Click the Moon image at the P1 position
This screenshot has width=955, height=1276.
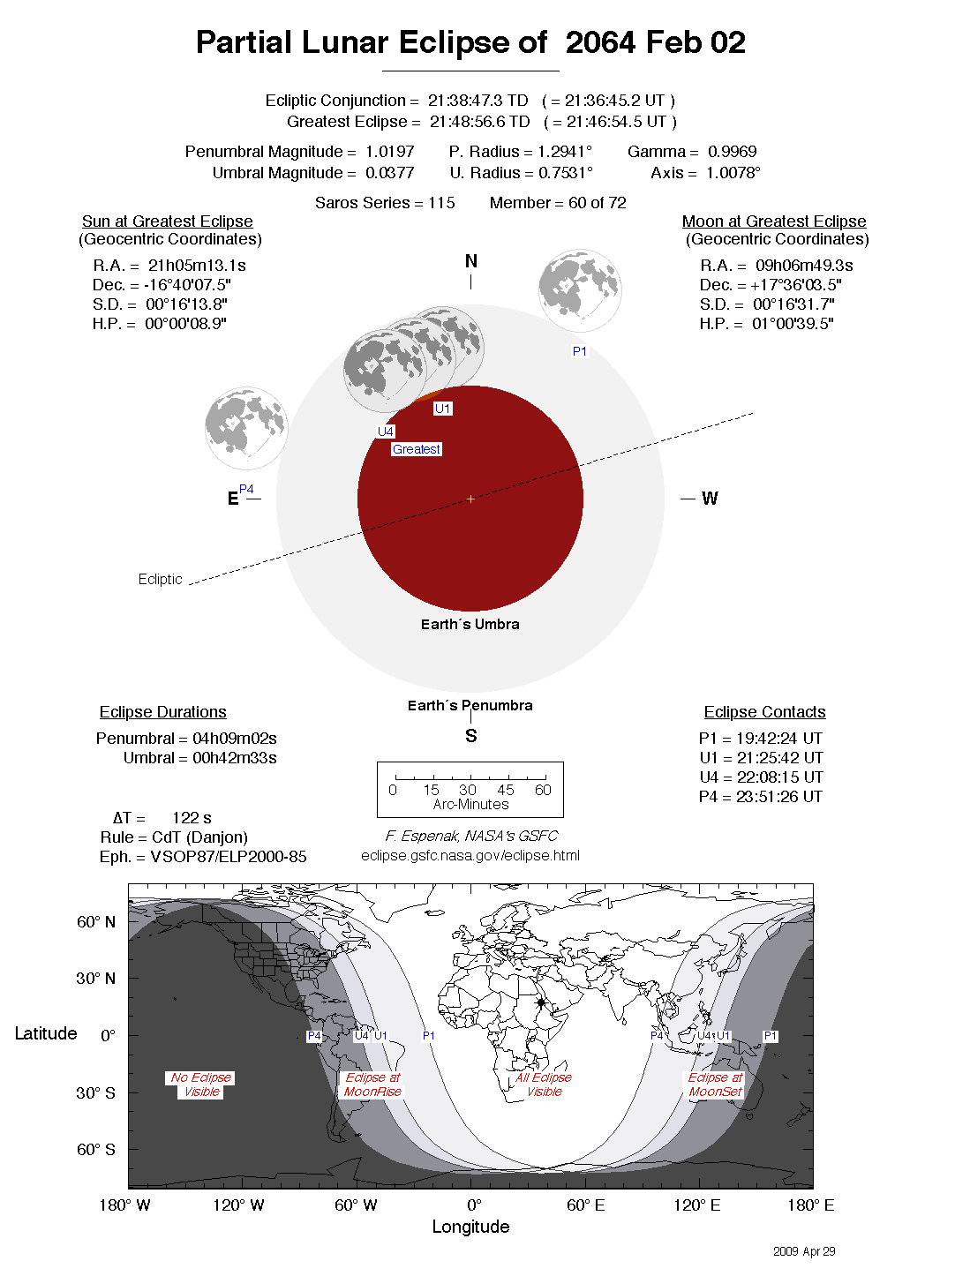click(x=580, y=290)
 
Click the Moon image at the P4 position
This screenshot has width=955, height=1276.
click(x=246, y=428)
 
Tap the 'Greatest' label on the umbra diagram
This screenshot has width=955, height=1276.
click(x=416, y=449)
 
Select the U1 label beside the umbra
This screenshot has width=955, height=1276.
click(x=442, y=409)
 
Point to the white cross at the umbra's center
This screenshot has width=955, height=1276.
click(x=470, y=499)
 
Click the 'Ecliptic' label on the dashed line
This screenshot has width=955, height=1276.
click(x=160, y=579)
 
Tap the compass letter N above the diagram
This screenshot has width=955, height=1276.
click(x=470, y=261)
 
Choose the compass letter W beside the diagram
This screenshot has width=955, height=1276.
click(x=710, y=499)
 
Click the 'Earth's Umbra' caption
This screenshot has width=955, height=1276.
click(x=470, y=624)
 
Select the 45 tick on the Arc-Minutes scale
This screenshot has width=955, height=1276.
click(x=505, y=790)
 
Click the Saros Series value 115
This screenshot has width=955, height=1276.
click(x=441, y=203)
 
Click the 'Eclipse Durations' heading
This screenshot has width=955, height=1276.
click(x=162, y=712)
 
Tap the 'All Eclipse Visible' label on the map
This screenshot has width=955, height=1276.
click(x=544, y=1085)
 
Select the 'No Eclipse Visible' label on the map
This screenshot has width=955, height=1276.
click(x=201, y=1085)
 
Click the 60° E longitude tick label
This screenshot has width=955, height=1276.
click(x=586, y=1205)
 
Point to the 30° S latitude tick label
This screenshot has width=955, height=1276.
click(x=95, y=1092)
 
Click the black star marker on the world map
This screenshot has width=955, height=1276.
click(x=541, y=1002)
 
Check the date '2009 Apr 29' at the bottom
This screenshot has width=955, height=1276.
click(x=803, y=1251)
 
